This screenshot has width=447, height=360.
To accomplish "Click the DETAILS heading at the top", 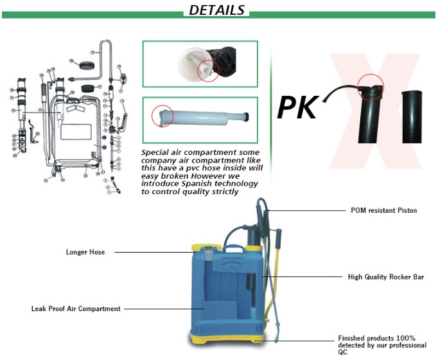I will click(217, 10).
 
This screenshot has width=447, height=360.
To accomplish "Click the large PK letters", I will click(298, 107).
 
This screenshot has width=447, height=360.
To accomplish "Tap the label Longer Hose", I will click(85, 252).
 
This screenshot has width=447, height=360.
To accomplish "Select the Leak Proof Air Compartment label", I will click(76, 309).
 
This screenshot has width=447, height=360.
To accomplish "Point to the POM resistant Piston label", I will click(383, 210).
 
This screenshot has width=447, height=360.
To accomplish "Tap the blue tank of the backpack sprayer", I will click(225, 289).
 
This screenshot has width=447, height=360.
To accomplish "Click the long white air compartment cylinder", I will click(206, 118).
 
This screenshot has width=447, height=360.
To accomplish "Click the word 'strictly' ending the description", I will click(225, 191).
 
